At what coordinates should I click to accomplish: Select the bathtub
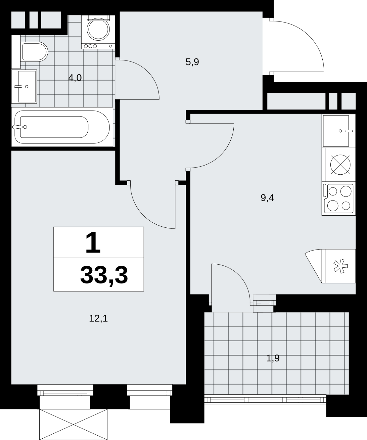coord(62,127)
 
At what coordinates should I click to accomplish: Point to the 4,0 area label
coord(75,78)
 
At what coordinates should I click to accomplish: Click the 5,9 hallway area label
coord(192,62)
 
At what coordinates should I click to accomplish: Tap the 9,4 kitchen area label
coord(267,198)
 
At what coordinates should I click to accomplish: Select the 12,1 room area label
coord(98,318)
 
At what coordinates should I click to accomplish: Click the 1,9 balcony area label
coord(273,358)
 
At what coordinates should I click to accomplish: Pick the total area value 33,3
coord(104,275)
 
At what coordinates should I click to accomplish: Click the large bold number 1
coord(93,243)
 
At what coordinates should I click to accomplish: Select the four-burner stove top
coord(339,199)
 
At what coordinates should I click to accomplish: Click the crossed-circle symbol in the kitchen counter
coord(341,165)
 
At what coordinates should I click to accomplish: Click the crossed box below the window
coord(73,424)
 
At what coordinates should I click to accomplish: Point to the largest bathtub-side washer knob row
coord(91,46)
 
